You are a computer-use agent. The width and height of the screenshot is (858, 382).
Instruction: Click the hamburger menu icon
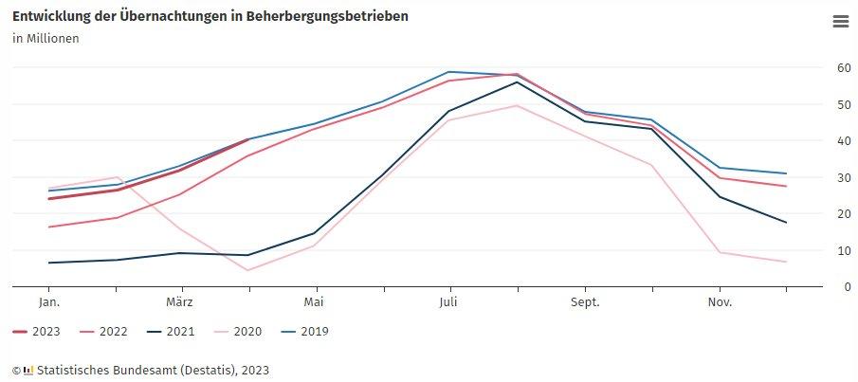[x=840, y=22]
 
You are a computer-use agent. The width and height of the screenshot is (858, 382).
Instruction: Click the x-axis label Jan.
[x=49, y=301]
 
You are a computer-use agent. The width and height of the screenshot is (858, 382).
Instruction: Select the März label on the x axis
[x=180, y=301]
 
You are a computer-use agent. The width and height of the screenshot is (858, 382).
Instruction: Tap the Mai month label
[x=315, y=301]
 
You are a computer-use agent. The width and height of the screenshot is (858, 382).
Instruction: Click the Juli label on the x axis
[x=449, y=301]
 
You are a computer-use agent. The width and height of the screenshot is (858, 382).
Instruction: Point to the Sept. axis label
[x=585, y=301]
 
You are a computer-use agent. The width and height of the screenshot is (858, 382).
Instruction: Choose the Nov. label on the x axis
[x=720, y=301]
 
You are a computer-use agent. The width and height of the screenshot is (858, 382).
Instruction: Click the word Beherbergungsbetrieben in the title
[x=327, y=17]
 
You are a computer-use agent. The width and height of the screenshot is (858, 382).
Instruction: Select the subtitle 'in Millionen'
[x=46, y=39]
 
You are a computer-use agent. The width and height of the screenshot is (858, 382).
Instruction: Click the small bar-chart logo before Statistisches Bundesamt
[x=28, y=370]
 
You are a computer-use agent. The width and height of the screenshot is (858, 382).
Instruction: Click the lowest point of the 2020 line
[x=247, y=270]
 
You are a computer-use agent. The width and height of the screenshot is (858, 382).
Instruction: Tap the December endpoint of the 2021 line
[x=786, y=223]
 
